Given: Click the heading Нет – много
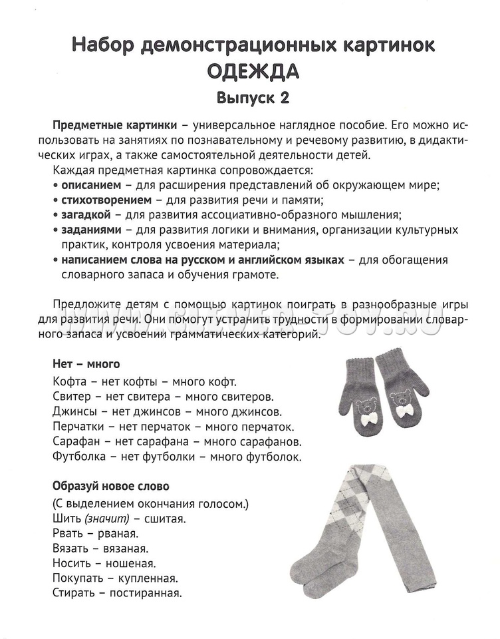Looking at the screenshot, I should (86, 364).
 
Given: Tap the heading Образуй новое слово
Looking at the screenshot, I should (110, 486).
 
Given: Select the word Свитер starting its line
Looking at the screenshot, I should (68, 397).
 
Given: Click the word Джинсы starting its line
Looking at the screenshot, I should (70, 411).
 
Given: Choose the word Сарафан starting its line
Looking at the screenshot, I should (73, 441).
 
